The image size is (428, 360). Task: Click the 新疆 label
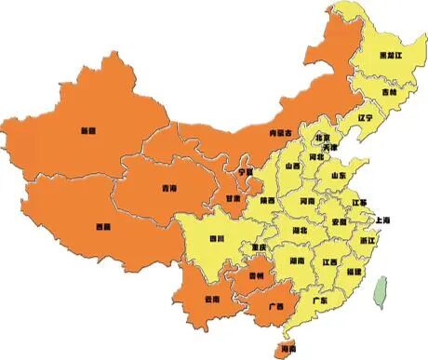point(88,129)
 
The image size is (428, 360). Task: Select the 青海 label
point(168,188)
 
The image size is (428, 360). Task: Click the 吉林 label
point(387,93)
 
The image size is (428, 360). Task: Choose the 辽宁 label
point(365,118)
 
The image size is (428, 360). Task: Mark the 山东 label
point(339,175)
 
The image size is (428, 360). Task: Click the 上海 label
point(381,220)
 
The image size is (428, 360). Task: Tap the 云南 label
point(211,299)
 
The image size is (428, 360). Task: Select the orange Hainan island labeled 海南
point(284,348)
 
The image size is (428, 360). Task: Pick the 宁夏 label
point(246,172)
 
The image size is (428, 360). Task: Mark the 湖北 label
point(299,229)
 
